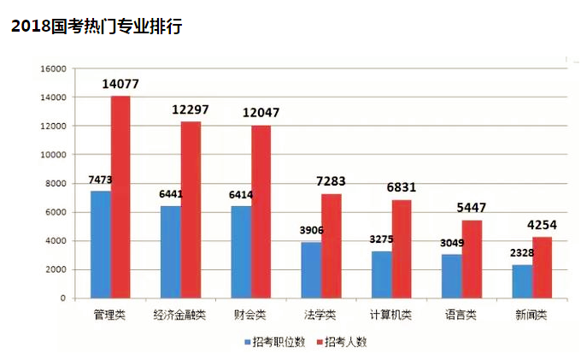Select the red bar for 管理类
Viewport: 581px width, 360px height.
click(x=121, y=197)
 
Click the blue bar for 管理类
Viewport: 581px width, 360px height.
click(x=100, y=245)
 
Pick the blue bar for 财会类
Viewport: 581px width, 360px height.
click(x=240, y=252)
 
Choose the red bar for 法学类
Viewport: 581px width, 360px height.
click(x=332, y=245)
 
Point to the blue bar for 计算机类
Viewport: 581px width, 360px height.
click(x=381, y=274)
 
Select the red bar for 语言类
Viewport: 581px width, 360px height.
click(x=472, y=259)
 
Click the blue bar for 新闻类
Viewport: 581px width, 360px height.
click(x=522, y=281)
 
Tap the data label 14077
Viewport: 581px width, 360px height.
click(x=120, y=84)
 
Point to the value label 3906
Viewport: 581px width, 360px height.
click(x=312, y=231)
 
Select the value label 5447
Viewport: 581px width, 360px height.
click(x=472, y=208)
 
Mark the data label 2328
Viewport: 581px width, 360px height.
click(x=523, y=254)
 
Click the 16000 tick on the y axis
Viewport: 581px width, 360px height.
click(x=53, y=68)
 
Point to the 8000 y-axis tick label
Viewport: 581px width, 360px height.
click(x=56, y=184)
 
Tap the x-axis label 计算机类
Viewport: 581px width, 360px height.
click(x=391, y=315)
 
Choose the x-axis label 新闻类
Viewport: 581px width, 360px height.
click(x=531, y=315)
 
